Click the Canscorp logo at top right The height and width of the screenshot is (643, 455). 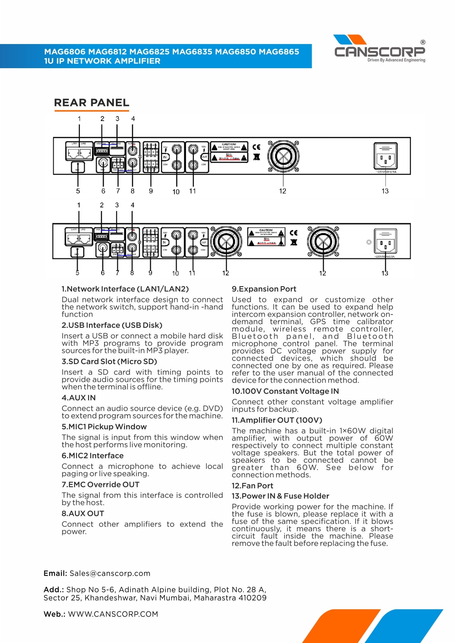point(379,49)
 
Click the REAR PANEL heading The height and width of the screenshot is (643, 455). point(91,103)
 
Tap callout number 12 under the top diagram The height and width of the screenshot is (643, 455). point(282,191)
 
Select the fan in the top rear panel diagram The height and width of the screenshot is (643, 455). point(283,156)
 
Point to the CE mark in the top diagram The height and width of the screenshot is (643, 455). point(257,147)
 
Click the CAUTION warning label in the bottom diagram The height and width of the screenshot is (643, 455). point(266,237)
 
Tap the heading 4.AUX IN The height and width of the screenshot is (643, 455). point(78,398)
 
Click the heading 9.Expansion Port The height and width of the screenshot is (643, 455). point(264,289)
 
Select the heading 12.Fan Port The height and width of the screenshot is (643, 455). point(252,486)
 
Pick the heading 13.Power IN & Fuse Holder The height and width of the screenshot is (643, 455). point(280,496)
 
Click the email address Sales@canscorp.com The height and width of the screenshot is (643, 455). point(110,573)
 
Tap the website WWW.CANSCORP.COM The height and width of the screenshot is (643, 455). point(113,614)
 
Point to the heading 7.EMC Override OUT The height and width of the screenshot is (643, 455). point(100,485)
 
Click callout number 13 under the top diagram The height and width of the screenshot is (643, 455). point(385,191)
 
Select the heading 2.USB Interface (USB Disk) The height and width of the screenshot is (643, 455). point(111,325)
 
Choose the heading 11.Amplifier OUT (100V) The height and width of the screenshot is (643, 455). point(277,420)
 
